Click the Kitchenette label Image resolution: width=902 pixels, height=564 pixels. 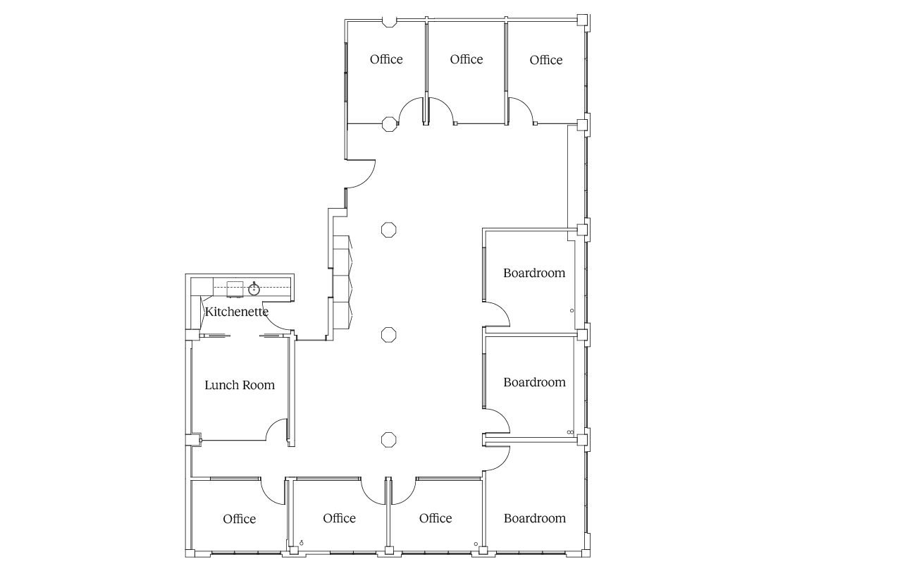click(237, 312)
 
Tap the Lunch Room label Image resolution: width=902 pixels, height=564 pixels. click(240, 385)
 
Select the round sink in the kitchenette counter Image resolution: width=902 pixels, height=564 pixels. click(254, 289)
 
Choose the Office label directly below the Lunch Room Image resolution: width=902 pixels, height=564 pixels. click(239, 519)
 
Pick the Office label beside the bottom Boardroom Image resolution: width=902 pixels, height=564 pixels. click(435, 518)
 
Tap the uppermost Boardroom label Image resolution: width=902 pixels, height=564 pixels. click(534, 273)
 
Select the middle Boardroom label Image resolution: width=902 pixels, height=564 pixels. click(534, 382)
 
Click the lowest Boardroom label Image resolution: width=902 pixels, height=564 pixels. click(535, 518)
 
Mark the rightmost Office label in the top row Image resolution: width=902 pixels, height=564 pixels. click(546, 60)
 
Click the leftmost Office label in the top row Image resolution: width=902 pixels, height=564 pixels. click(386, 59)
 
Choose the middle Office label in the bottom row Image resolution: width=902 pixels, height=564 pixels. click(339, 518)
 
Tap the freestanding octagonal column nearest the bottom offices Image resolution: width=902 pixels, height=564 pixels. click(388, 439)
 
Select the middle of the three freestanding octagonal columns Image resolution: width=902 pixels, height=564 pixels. click(388, 335)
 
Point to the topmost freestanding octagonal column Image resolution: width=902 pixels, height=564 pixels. click(388, 230)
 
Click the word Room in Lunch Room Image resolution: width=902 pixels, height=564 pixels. click(259, 385)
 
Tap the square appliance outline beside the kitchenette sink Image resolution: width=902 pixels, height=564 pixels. click(235, 289)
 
